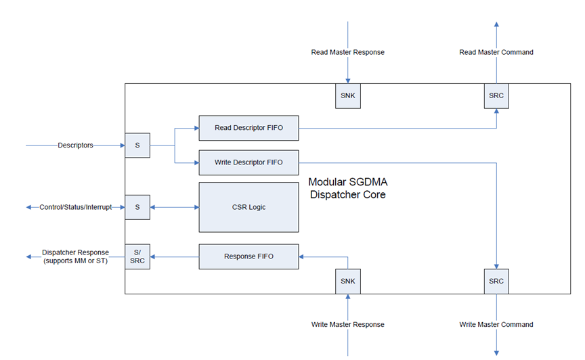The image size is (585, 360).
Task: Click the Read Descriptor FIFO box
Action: tap(248, 127)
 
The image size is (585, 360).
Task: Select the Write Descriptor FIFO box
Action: tap(248, 162)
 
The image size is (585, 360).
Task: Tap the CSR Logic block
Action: tap(248, 207)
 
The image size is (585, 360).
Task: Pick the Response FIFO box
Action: tap(248, 256)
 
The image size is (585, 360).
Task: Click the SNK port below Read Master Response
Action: tap(347, 95)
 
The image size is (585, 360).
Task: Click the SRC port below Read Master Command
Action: tap(496, 95)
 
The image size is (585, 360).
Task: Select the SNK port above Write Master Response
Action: tap(347, 281)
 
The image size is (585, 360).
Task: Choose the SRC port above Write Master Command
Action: tap(496, 281)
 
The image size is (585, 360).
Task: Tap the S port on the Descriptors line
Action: tap(137, 145)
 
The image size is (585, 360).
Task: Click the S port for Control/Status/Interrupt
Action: tap(137, 207)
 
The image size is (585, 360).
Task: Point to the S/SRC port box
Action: tap(137, 256)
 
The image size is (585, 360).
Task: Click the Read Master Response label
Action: tap(347, 52)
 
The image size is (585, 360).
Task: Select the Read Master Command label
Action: tap(496, 52)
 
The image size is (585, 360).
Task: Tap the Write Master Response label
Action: tap(347, 325)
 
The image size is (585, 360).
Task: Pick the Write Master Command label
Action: tap(496, 325)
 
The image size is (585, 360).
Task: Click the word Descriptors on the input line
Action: tap(75, 145)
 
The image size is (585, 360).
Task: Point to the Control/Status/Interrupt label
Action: tap(75, 207)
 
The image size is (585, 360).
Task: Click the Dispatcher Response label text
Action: tap(75, 256)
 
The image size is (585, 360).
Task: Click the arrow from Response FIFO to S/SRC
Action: tap(174, 256)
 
